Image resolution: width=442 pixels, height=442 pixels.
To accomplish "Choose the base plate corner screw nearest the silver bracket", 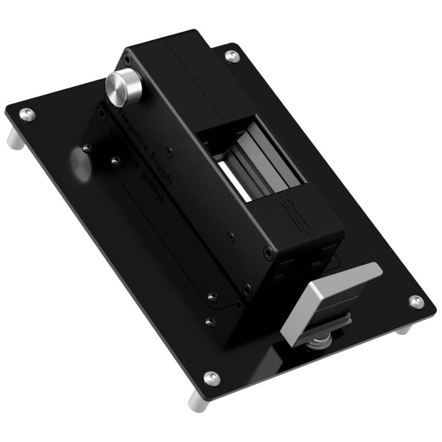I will click(415, 301).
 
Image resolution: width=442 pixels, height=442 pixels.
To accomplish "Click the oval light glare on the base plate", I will click(81, 164).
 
